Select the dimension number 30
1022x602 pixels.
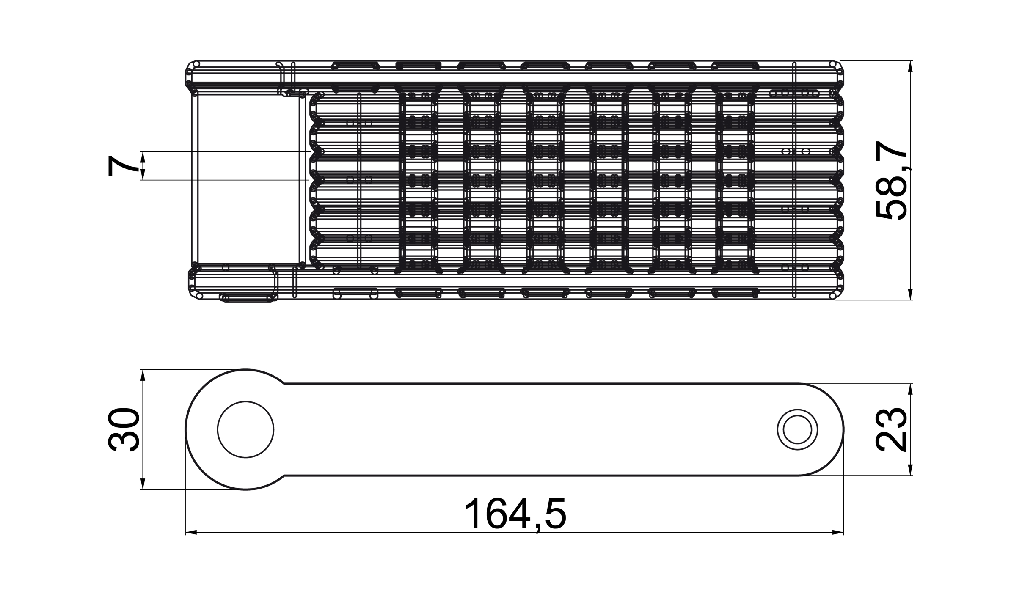(x=124, y=429)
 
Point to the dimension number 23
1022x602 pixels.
(x=890, y=430)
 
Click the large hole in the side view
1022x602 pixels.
(x=245, y=429)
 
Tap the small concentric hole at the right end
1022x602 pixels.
(x=797, y=430)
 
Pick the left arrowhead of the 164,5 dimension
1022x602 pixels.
(x=191, y=532)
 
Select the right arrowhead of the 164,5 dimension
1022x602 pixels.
(x=838, y=532)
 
